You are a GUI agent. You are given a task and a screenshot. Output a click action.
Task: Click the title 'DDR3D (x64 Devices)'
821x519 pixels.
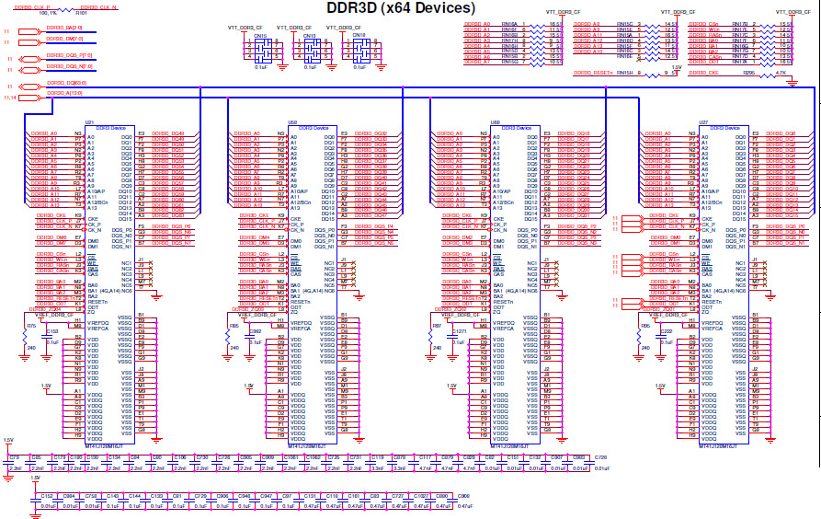click(401, 8)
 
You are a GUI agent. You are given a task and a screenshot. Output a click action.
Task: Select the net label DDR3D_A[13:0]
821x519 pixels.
click(63, 93)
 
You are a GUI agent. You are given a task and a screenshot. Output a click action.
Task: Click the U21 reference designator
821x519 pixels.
click(90, 121)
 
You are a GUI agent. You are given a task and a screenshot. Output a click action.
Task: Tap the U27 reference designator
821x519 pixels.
click(702, 121)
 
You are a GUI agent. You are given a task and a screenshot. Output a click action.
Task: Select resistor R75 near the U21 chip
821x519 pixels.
click(30, 326)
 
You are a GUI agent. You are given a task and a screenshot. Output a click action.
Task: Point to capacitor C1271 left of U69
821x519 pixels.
click(458, 330)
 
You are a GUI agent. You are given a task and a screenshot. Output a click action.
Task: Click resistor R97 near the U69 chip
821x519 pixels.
click(437, 326)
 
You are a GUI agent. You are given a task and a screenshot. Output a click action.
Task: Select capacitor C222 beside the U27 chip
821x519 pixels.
click(666, 330)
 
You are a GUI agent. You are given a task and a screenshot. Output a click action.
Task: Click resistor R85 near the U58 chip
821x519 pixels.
click(234, 326)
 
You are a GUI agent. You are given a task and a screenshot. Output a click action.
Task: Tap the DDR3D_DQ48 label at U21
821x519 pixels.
click(167, 133)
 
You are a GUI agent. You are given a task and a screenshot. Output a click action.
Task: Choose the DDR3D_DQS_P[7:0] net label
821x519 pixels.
click(68, 57)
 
